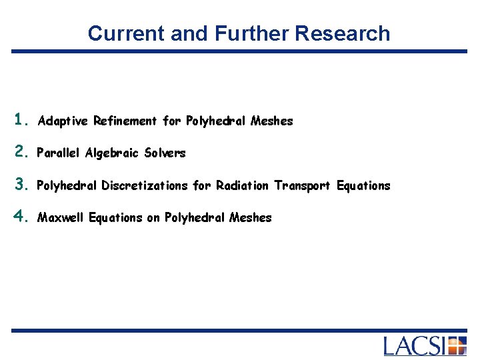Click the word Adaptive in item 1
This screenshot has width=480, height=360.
pos(63,121)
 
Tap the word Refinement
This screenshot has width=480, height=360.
pos(126,121)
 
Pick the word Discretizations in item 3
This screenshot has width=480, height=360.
pos(145,185)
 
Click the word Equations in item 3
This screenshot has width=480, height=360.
pos(363,185)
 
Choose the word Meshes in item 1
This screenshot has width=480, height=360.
pos(271,121)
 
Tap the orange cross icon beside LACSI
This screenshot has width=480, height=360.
pos(457,346)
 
